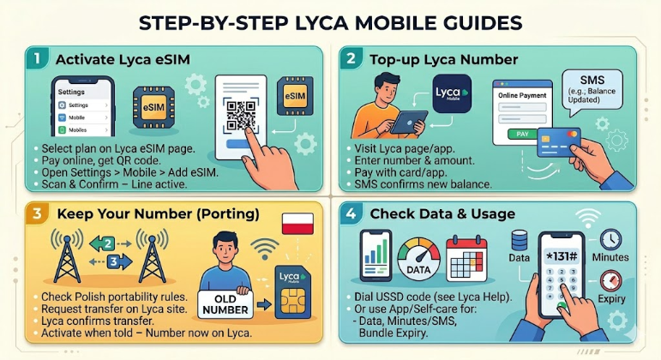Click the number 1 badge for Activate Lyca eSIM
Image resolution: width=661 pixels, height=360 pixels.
[x=37, y=58]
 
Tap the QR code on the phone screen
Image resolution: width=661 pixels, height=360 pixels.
[x=241, y=115]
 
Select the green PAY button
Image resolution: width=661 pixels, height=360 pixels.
[x=522, y=134]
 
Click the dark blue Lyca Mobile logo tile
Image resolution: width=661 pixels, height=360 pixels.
[x=453, y=93]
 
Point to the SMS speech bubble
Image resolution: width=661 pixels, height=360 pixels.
[x=592, y=93]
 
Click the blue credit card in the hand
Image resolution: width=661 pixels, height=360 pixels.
[x=559, y=142]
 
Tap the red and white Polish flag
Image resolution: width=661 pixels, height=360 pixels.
[x=297, y=224]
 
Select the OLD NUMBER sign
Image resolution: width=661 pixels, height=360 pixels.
[x=225, y=304]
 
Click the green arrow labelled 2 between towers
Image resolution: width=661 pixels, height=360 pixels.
[x=103, y=243]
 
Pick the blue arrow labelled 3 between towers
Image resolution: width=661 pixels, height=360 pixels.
[x=118, y=261]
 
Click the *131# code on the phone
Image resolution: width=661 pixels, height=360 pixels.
[x=562, y=256]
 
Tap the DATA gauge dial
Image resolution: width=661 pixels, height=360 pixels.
[x=418, y=259]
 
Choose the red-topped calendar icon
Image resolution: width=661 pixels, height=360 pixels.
[x=466, y=259]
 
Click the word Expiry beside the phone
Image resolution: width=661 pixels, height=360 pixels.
[x=611, y=299]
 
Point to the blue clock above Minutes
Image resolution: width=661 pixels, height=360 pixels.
[x=610, y=239]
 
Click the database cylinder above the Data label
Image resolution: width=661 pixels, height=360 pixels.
[x=519, y=240]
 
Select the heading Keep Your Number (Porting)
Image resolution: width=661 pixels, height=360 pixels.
[x=158, y=214]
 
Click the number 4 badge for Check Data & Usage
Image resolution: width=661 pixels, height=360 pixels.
[x=351, y=213]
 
